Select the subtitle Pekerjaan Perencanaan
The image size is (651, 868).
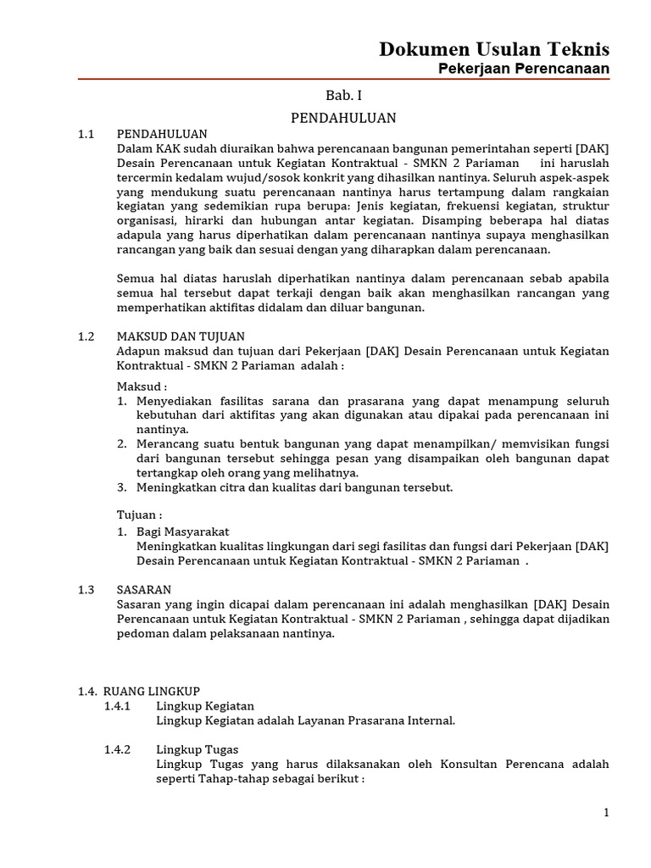(523, 69)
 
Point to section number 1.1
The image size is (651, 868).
(86, 134)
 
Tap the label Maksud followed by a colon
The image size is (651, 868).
(142, 387)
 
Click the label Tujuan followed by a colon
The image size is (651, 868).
(139, 515)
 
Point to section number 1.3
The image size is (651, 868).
(86, 589)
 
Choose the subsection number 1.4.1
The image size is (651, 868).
(117, 705)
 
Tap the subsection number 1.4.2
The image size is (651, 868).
(117, 749)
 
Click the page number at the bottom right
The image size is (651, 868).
(606, 812)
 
